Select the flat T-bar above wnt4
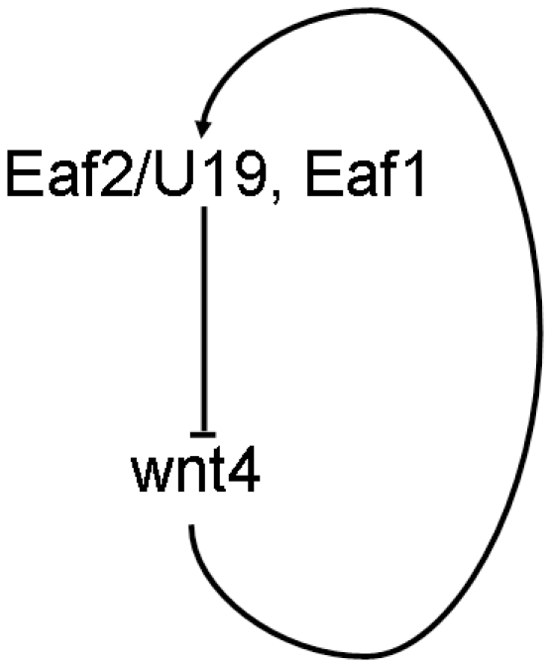(203, 434)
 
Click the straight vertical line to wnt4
(204, 319)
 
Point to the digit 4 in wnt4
(244, 471)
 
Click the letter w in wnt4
(154, 476)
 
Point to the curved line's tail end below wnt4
(191, 526)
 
